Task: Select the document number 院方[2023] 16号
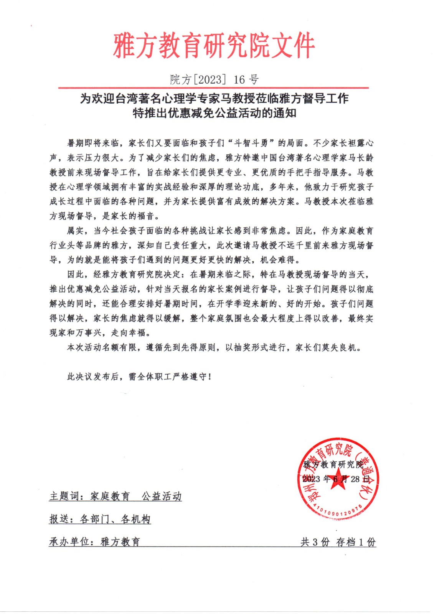click(x=214, y=79)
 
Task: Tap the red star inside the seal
click(x=337, y=482)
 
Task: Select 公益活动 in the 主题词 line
click(x=162, y=496)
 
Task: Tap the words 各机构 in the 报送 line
click(x=135, y=519)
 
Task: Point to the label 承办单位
click(x=70, y=541)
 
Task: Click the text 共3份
click(x=315, y=542)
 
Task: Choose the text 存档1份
click(x=356, y=542)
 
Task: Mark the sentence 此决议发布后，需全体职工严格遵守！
click(x=139, y=377)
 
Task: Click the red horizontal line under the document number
click(x=213, y=88)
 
